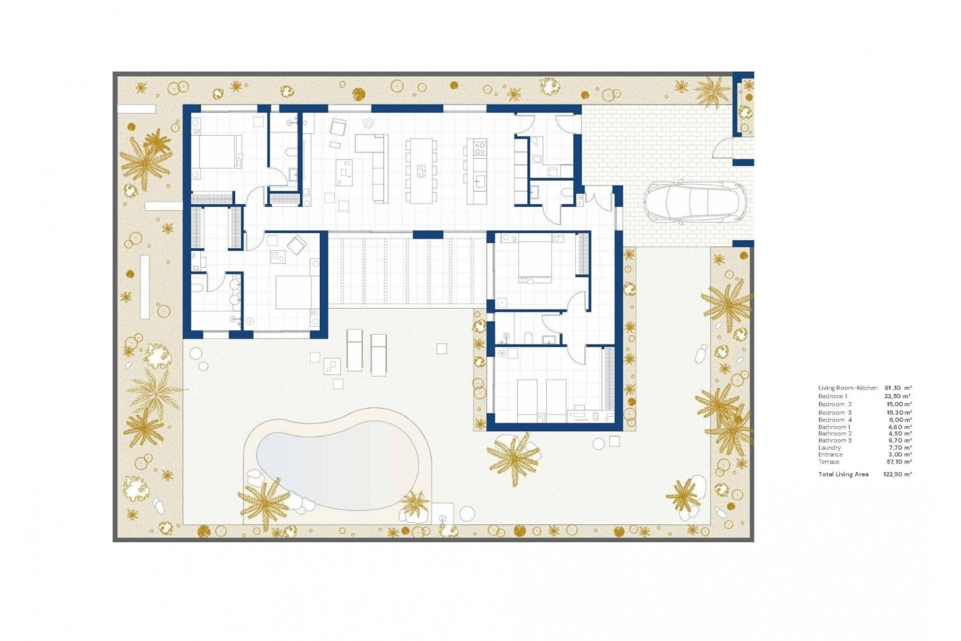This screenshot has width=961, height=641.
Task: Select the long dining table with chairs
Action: [420, 171]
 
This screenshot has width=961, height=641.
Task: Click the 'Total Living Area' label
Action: [843, 474]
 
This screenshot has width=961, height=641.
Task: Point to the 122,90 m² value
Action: [897, 474]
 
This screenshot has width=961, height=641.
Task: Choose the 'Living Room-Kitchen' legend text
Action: [847, 388]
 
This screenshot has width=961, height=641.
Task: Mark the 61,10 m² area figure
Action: [898, 388]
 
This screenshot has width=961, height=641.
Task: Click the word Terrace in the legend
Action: [828, 462]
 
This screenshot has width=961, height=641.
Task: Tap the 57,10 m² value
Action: [899, 462]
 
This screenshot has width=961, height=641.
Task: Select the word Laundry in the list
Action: [829, 448]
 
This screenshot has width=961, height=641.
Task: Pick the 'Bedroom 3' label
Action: [835, 413]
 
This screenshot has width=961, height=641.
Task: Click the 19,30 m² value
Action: [899, 413]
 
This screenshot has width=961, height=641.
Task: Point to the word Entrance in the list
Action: [830, 455]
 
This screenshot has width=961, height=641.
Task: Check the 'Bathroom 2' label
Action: [835, 434]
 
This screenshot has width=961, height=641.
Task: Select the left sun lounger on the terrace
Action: [354, 350]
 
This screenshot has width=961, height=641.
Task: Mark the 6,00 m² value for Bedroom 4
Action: [900, 420]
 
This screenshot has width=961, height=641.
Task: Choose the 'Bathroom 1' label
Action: [834, 427]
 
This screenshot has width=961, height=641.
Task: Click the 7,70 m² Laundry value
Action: [900, 448]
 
